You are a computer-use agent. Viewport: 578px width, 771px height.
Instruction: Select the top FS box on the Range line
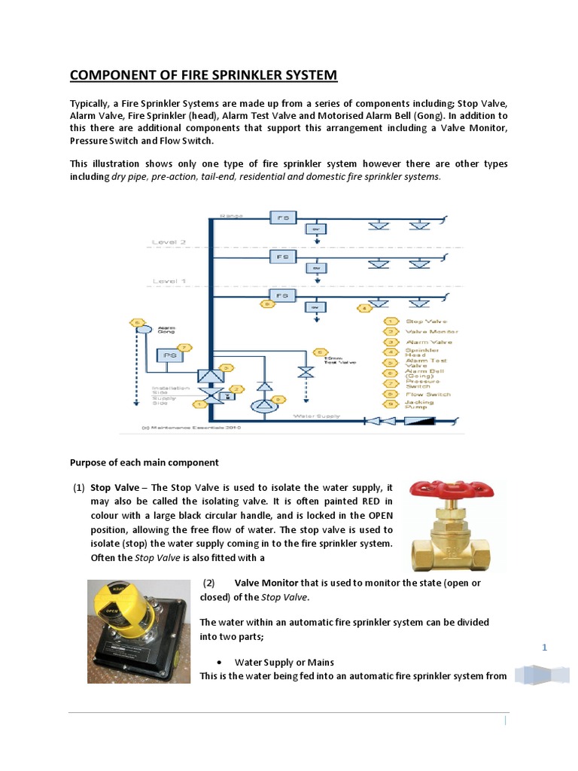tap(283, 217)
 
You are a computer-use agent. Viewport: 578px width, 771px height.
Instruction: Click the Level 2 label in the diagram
tap(168, 242)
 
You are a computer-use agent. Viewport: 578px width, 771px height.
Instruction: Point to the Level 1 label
tap(168, 281)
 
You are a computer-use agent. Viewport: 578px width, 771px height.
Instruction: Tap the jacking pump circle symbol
tap(258, 405)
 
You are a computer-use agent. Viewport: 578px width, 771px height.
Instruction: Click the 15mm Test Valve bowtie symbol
tap(305, 371)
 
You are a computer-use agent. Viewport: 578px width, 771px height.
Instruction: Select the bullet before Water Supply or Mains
tap(218, 663)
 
